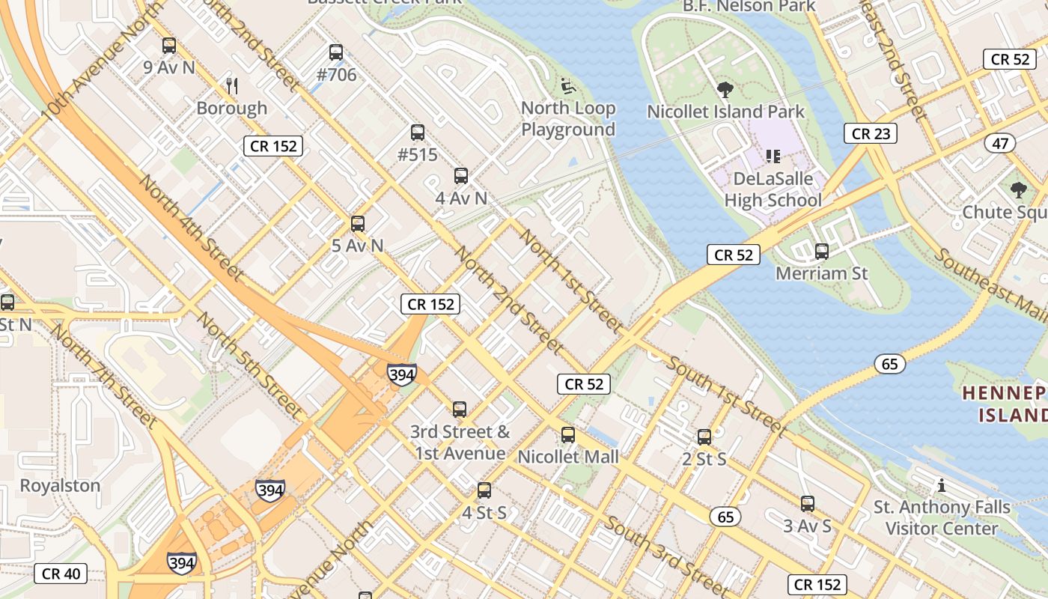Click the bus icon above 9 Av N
point(169,46)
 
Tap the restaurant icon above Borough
point(232,86)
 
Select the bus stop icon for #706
point(336,52)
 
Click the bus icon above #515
point(418,133)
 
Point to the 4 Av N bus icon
point(461,176)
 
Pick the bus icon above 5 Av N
point(358,223)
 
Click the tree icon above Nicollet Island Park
point(725,90)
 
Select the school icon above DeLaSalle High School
point(773,156)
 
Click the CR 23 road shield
point(871,133)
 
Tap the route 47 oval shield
point(1001,143)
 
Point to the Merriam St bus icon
point(822,252)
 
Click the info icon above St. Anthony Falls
point(942,485)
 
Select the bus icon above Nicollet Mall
point(568,435)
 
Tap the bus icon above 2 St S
point(704,437)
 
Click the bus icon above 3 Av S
point(807,504)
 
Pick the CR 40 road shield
point(61,574)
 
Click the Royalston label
point(60,485)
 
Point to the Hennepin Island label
point(1005,404)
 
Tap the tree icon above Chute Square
point(1018,190)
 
